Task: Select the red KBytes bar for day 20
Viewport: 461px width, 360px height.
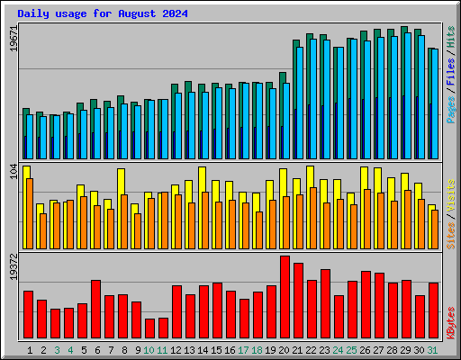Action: pyautogui.click(x=285, y=297)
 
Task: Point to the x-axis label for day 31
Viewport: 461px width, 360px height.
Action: pyautogui.click(x=433, y=350)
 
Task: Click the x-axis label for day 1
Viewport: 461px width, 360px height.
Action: pyautogui.click(x=31, y=350)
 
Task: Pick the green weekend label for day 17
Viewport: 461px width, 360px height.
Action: pyautogui.click(x=243, y=350)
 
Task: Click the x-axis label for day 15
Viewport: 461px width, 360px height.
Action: pyautogui.click(x=217, y=350)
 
